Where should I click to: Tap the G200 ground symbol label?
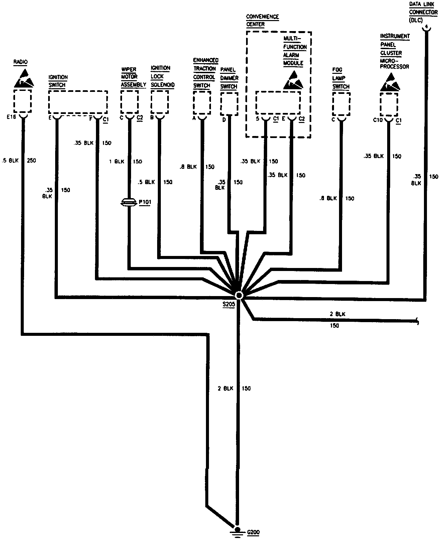[x=253, y=532]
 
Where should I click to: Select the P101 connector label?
[x=144, y=202]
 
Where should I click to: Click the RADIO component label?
[x=20, y=62]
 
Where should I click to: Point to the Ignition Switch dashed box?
[x=78, y=102]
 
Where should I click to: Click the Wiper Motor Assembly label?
[x=133, y=77]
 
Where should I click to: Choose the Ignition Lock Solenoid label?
[x=162, y=77]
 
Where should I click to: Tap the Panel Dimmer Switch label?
[x=229, y=78]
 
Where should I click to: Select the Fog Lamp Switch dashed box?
[x=341, y=104]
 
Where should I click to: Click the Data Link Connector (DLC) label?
[x=423, y=12]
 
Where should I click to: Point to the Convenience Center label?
[x=262, y=20]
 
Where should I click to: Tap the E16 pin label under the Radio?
[x=11, y=117]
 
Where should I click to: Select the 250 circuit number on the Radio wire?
[x=31, y=160]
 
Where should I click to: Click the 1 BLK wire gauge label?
[x=117, y=161]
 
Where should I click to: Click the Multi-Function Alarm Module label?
[x=294, y=51]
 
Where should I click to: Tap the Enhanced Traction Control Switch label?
[x=205, y=73]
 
